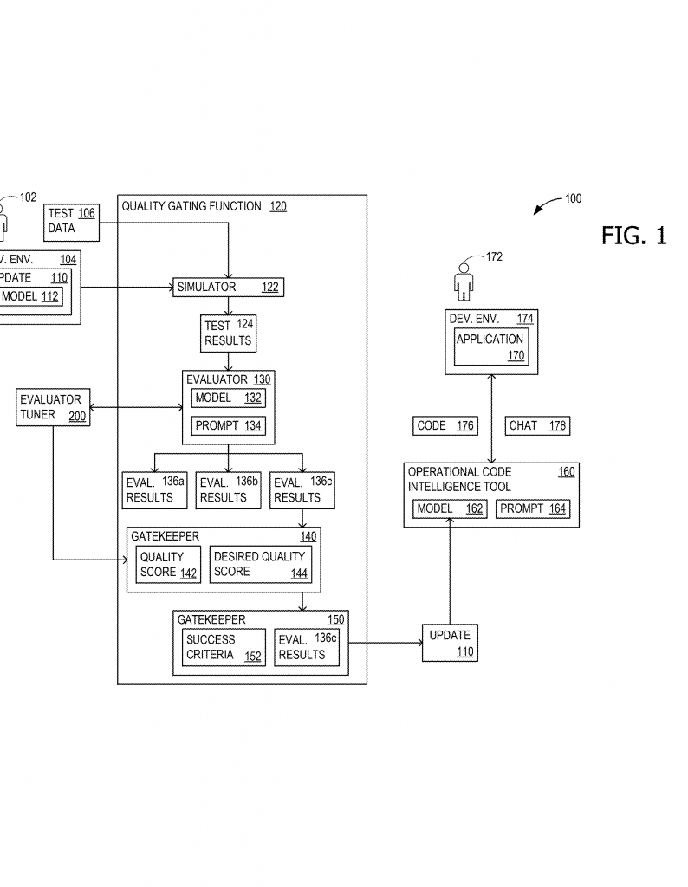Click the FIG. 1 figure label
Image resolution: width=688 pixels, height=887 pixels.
click(x=633, y=236)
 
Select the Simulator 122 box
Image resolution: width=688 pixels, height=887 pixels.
click(x=228, y=287)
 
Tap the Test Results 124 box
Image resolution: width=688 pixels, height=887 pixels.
click(x=228, y=333)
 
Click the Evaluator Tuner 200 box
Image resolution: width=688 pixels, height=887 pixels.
click(x=53, y=407)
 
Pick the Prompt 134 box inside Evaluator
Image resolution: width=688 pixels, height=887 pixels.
click(x=228, y=425)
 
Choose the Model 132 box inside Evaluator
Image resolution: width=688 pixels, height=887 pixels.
click(x=228, y=398)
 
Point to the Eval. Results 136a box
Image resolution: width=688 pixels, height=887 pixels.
click(x=155, y=490)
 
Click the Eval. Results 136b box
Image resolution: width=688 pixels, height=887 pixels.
click(x=228, y=490)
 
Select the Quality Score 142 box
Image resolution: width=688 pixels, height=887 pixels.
click(x=168, y=564)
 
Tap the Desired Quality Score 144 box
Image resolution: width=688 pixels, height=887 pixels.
click(x=260, y=564)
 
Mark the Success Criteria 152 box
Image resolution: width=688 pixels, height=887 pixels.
click(x=223, y=647)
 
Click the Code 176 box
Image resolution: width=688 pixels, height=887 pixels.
click(x=445, y=425)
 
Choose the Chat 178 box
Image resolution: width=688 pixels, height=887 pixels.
click(x=536, y=425)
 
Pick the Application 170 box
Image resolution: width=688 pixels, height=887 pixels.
click(x=490, y=346)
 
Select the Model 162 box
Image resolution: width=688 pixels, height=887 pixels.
click(x=450, y=509)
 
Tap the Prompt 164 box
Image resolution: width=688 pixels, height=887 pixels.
click(x=533, y=509)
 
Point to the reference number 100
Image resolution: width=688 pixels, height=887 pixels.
click(x=573, y=198)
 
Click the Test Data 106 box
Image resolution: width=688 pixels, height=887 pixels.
click(x=71, y=221)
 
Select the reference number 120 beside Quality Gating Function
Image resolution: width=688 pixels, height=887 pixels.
click(x=277, y=207)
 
